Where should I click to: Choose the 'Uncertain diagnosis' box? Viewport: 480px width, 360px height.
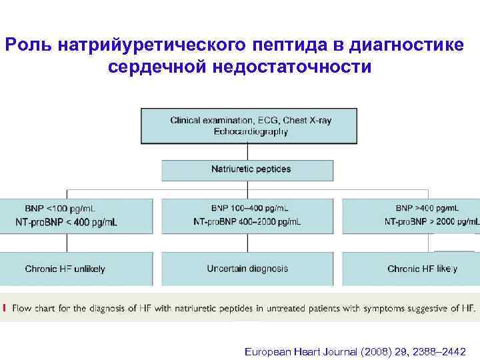click(x=247, y=269)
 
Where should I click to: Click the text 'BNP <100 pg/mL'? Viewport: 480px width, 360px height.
click(x=60, y=209)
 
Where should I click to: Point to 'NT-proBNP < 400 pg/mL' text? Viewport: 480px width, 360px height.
click(x=67, y=222)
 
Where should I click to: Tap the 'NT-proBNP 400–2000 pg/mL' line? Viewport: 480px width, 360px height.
click(x=247, y=221)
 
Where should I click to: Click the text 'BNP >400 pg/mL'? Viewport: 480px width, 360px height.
click(x=427, y=209)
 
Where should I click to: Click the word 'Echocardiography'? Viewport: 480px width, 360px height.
click(x=251, y=132)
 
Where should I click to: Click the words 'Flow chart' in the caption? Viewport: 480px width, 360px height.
click(x=33, y=308)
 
